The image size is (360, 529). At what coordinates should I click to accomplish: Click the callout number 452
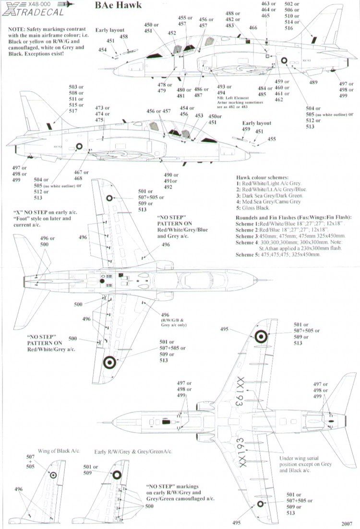pyautogui.click(x=171, y=33)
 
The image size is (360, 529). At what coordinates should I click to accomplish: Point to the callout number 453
pyautogui.click(x=199, y=116)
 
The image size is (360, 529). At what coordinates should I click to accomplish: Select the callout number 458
pyautogui.click(x=124, y=36)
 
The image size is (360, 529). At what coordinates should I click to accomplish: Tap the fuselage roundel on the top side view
pyautogui.click(x=284, y=61)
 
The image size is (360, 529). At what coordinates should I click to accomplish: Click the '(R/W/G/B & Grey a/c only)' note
pyautogui.click(x=166, y=321)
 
